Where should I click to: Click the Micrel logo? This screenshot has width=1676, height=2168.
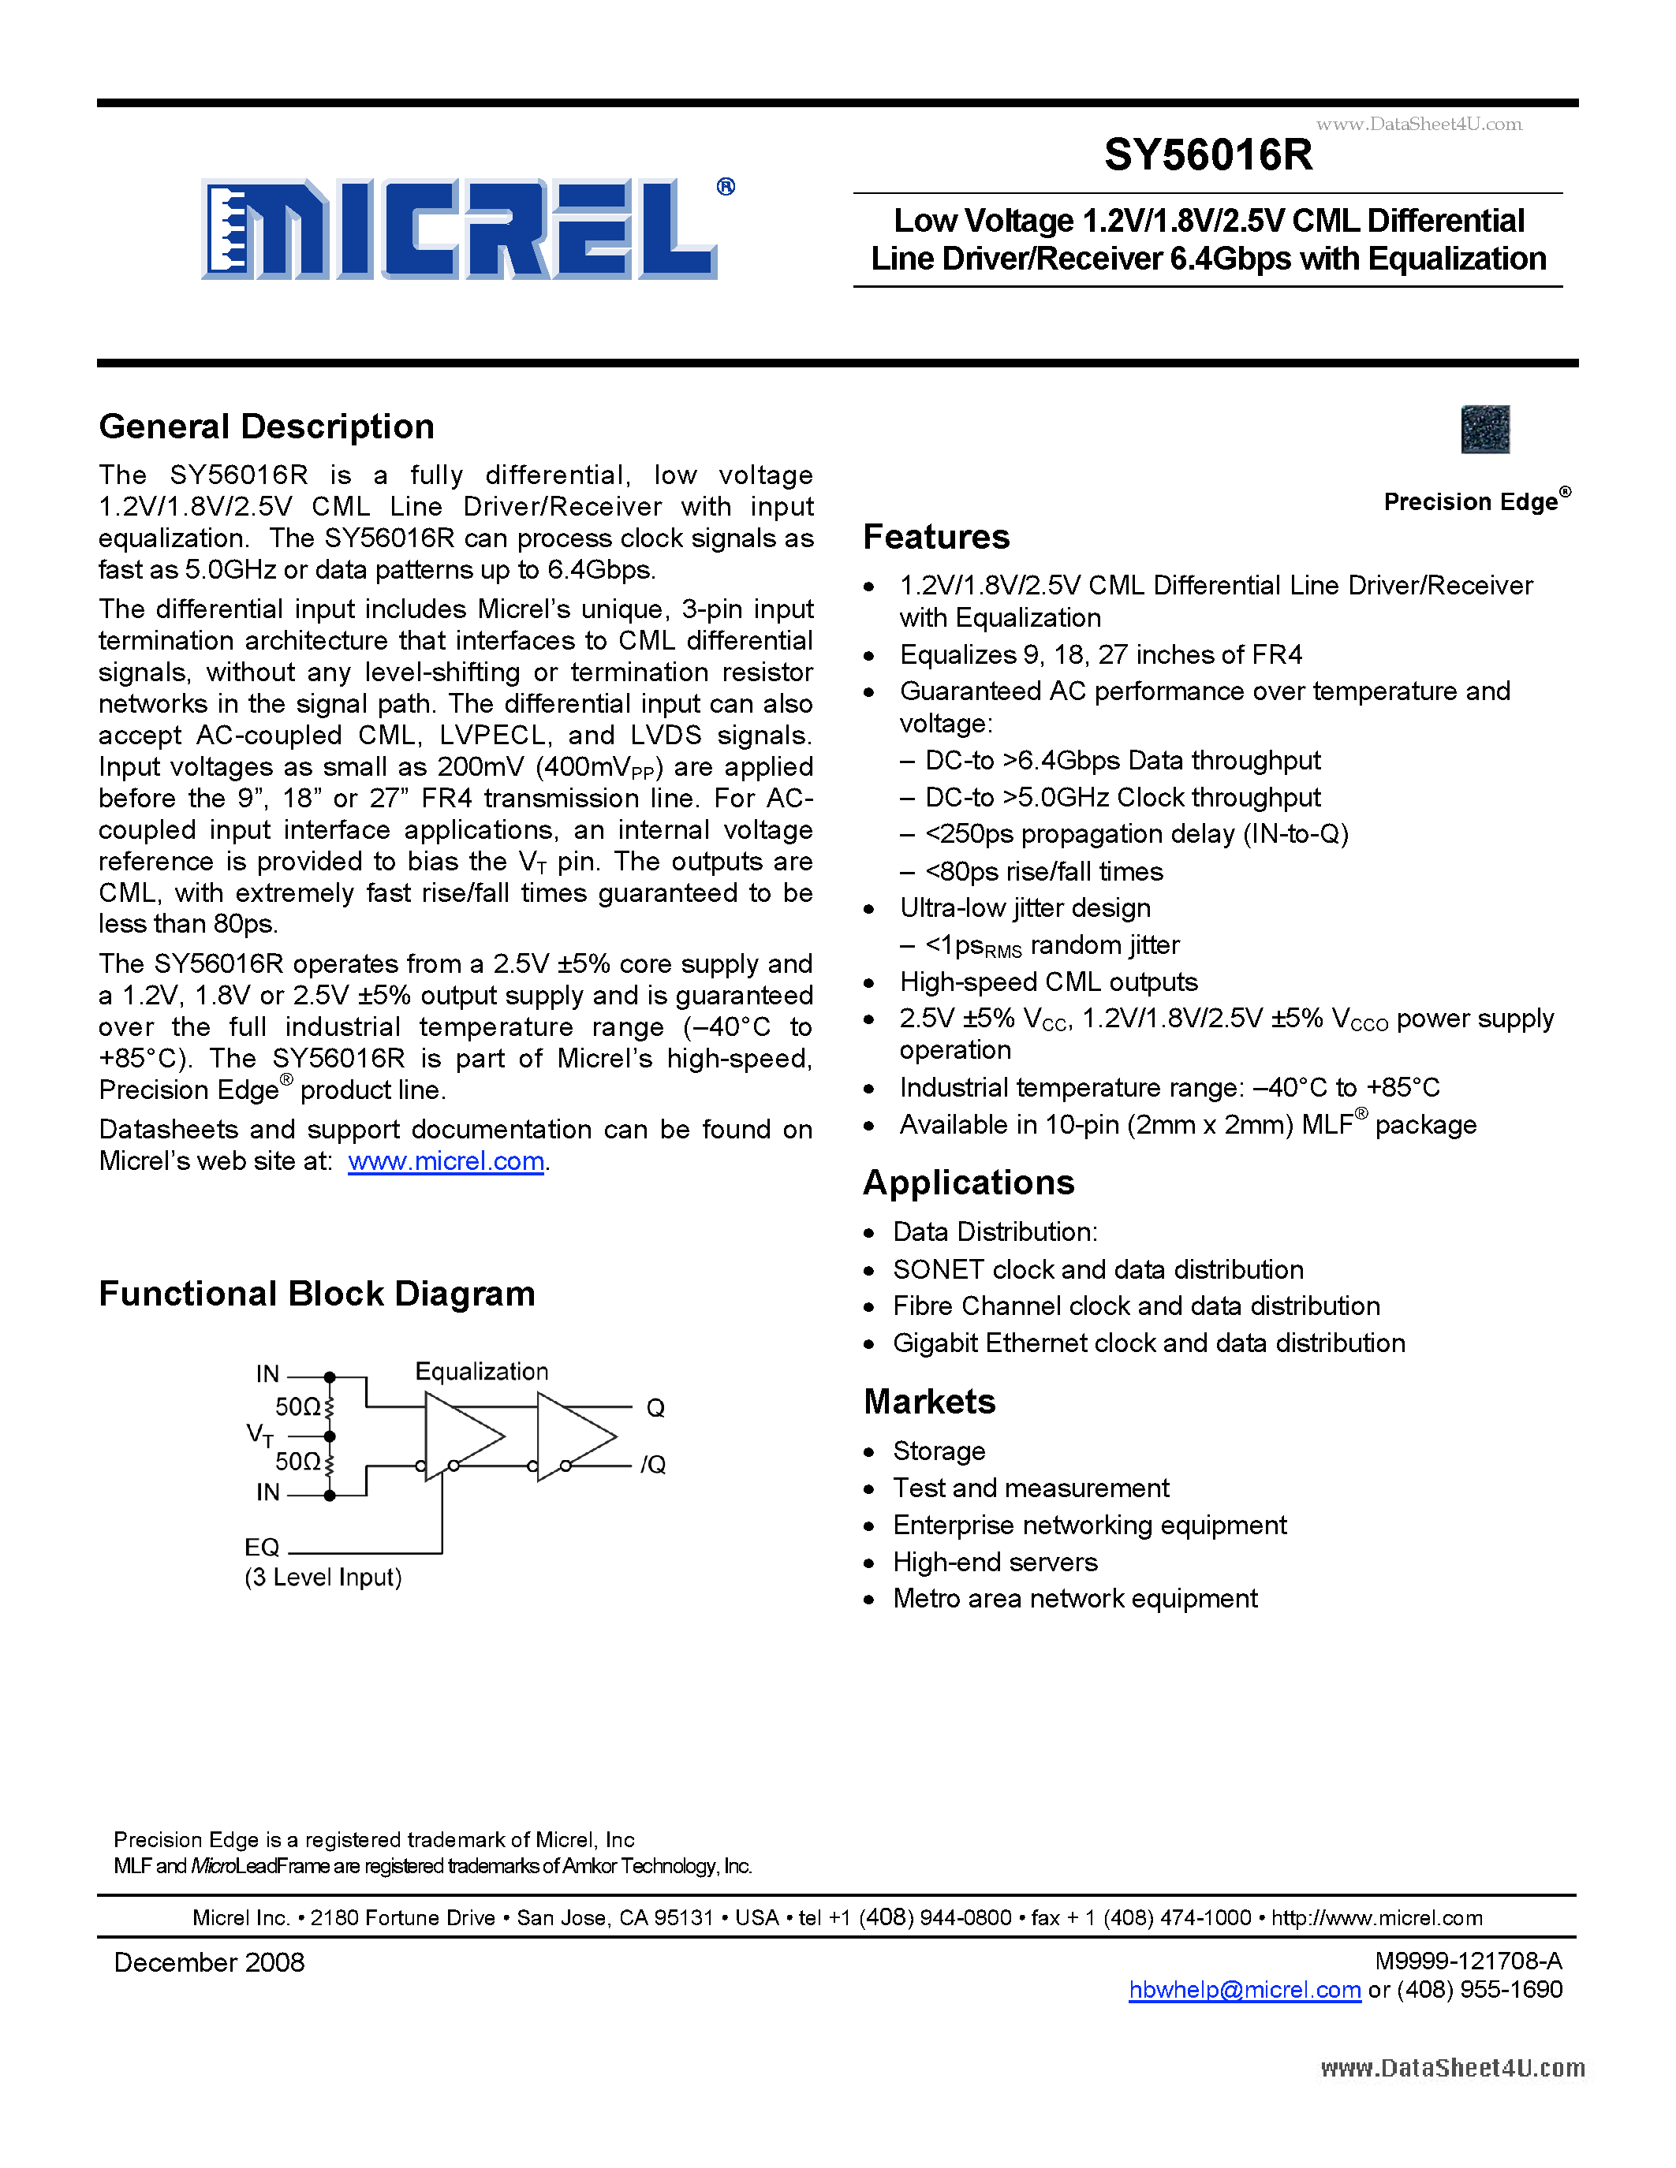[459, 229]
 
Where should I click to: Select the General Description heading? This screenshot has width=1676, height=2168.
[266, 427]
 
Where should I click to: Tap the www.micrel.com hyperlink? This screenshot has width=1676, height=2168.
[446, 1161]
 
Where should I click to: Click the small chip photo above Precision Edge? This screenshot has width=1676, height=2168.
[1484, 429]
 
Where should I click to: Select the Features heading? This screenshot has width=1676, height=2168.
[935, 537]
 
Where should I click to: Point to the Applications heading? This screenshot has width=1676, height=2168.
[968, 1183]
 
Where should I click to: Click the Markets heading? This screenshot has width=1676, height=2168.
[928, 1402]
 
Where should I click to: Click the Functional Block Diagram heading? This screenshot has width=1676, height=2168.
[317, 1294]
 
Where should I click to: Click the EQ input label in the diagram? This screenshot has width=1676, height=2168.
[262, 1548]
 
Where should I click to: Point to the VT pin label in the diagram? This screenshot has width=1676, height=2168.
[259, 1434]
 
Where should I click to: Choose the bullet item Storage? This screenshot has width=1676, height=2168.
[939, 1451]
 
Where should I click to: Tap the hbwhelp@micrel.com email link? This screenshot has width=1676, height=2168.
[1244, 1991]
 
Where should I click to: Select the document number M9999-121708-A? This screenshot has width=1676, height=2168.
[1468, 1961]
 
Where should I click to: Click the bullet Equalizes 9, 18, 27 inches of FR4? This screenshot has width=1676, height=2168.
[1100, 655]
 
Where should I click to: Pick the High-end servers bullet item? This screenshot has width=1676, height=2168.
[995, 1563]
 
